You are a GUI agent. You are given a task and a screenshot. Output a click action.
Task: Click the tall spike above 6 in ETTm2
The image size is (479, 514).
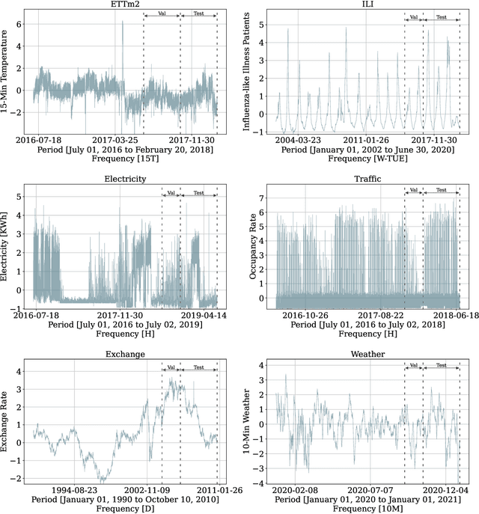(x=123, y=22)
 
